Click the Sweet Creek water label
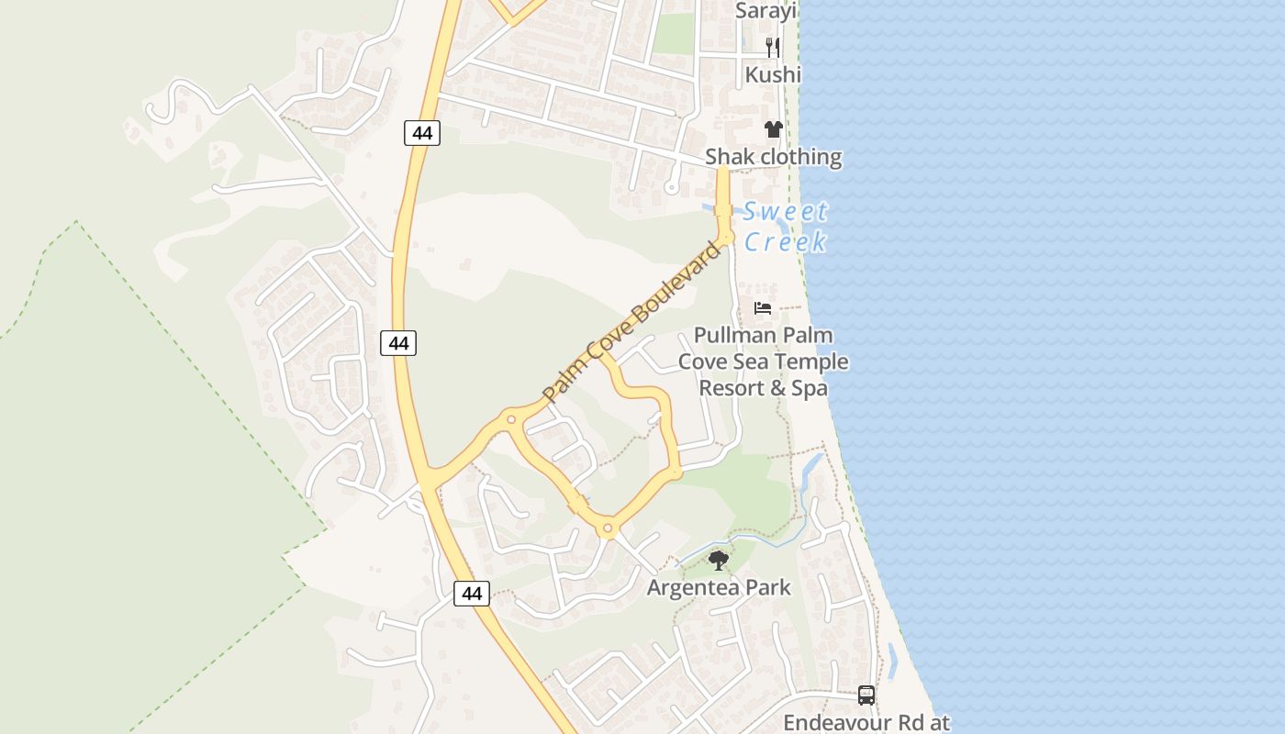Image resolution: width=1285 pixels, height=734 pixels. point(786,227)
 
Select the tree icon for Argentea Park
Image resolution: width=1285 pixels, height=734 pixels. point(719,560)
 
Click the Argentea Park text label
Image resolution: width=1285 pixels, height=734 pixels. point(719,587)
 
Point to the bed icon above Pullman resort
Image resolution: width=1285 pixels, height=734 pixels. point(763,308)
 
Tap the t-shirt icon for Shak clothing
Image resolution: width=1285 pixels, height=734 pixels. point(773,129)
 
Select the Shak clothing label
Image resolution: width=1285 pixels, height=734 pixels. point(773,157)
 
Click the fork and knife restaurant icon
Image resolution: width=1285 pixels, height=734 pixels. point(773,47)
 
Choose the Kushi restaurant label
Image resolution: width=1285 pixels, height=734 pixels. point(773,74)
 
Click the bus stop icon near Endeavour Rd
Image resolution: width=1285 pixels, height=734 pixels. point(866,695)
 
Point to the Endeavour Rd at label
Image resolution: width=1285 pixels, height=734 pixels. point(866,723)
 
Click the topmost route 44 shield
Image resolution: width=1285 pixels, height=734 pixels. point(422,133)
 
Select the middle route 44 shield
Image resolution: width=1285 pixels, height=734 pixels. point(398,343)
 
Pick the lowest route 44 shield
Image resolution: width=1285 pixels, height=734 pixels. point(472,594)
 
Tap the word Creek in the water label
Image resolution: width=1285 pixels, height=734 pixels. point(786,242)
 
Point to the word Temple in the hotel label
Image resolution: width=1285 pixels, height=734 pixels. point(814,361)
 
